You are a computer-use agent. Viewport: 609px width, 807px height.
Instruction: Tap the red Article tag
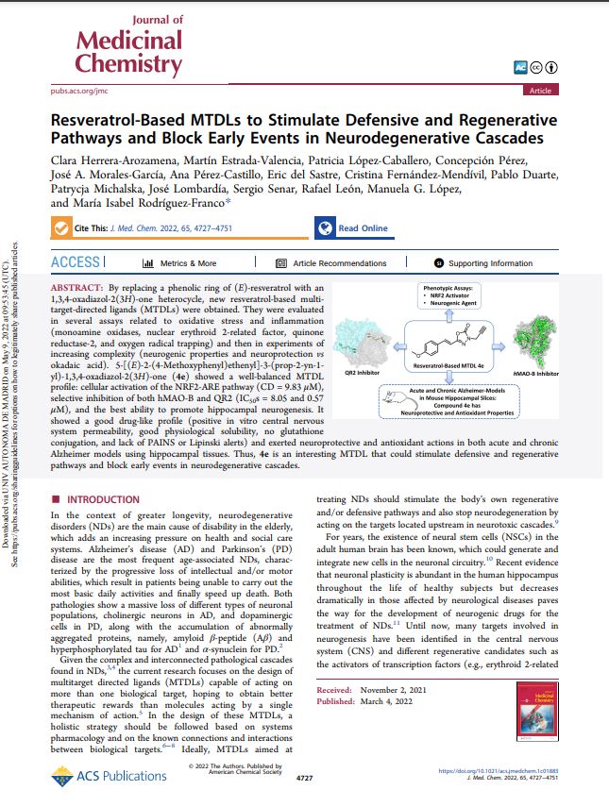click(x=540, y=90)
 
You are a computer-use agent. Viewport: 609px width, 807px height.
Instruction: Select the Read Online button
click(x=352, y=228)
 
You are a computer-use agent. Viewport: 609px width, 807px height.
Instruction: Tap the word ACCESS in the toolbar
click(x=75, y=262)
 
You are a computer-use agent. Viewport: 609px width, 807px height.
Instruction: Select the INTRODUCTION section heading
click(x=101, y=498)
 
